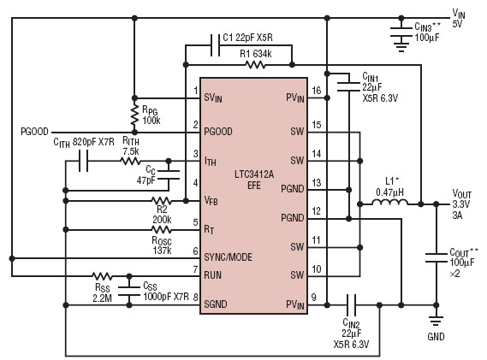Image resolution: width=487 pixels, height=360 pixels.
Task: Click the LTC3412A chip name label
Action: pyautogui.click(x=254, y=174)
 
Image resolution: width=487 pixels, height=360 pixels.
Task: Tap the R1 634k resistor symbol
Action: pyautogui.click(x=255, y=64)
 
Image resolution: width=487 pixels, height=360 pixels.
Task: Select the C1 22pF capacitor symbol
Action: pyautogui.click(x=215, y=45)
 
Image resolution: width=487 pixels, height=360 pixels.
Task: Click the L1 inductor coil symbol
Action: pyautogui.click(x=389, y=202)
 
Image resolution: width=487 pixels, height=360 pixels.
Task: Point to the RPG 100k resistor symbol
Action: pyautogui.click(x=134, y=115)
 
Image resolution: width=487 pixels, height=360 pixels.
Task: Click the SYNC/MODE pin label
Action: pyautogui.click(x=228, y=257)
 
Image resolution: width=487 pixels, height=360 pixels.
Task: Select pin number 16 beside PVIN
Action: pyautogui.click(x=316, y=91)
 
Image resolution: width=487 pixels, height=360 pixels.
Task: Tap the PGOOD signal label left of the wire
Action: pyautogui.click(x=34, y=132)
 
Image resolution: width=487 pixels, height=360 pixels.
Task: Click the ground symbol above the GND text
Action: pyautogui.click(x=436, y=321)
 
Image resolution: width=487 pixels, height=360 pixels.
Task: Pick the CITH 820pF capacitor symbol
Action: pyautogui.click(x=83, y=161)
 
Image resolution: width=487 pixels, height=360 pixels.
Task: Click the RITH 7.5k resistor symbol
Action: pyautogui.click(x=130, y=161)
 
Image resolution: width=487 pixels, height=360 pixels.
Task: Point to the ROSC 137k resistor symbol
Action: pyautogui.click(x=161, y=230)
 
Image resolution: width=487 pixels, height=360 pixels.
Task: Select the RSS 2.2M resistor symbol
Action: pyautogui.click(x=102, y=275)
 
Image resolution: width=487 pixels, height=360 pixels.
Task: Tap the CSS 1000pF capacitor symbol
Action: pyautogui.click(x=129, y=292)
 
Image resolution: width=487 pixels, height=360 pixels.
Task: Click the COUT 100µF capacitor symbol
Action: pyautogui.click(x=436, y=258)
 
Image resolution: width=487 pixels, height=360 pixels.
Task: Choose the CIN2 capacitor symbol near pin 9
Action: pyautogui.click(x=351, y=305)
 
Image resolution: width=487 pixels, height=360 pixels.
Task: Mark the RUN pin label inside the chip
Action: pyautogui.click(x=213, y=275)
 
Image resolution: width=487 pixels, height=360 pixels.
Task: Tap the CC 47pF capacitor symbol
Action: pyautogui.click(x=169, y=174)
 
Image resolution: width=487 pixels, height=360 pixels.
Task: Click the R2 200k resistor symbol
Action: pyautogui.click(x=161, y=201)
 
